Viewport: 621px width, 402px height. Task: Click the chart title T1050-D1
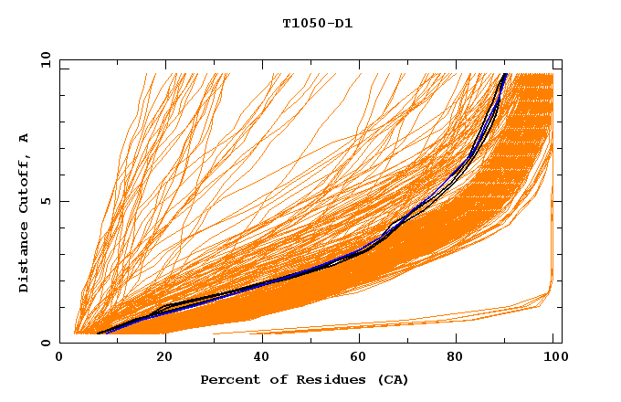click(x=318, y=23)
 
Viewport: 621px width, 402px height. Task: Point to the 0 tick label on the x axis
click(x=60, y=358)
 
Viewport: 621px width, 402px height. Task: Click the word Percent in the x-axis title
click(x=226, y=380)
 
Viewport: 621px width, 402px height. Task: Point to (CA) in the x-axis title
click(x=391, y=380)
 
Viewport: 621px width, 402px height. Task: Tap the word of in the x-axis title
click(x=269, y=380)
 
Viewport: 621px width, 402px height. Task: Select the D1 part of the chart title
click(x=343, y=23)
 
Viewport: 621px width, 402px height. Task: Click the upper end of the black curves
click(x=504, y=75)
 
